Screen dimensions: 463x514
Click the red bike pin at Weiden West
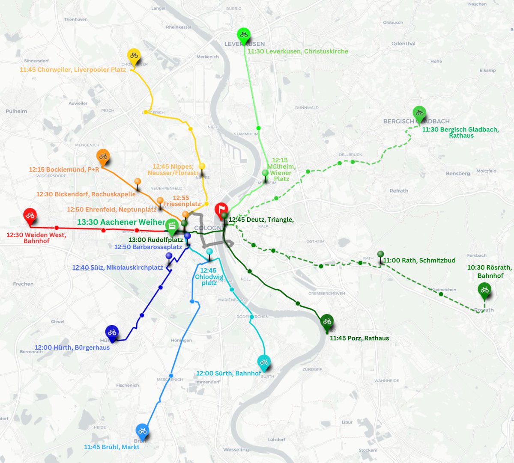pyautogui.click(x=29, y=216)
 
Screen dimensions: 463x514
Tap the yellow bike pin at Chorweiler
pyautogui.click(x=134, y=56)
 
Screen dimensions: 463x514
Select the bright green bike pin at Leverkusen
pyautogui.click(x=244, y=35)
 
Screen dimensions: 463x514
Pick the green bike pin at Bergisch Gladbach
pyautogui.click(x=419, y=113)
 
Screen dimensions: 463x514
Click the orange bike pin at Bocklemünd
pyautogui.click(x=103, y=156)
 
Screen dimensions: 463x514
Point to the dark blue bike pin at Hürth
pyautogui.click(x=112, y=332)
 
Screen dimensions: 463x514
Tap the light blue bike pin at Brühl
pyautogui.click(x=142, y=431)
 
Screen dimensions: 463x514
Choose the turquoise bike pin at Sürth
pyautogui.click(x=264, y=362)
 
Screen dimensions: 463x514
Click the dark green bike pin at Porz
pyautogui.click(x=327, y=321)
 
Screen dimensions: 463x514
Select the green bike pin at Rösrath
pyautogui.click(x=484, y=290)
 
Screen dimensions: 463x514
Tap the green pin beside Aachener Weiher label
pyautogui.click(x=172, y=226)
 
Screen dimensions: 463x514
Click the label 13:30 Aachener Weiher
pyautogui.click(x=121, y=222)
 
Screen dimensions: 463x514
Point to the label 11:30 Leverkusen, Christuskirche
pyautogui.click(x=298, y=51)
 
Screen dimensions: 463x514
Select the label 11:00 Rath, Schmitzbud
pyautogui.click(x=419, y=260)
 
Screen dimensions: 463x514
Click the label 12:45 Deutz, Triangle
pyautogui.click(x=261, y=220)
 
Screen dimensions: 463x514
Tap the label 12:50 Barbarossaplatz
pyautogui.click(x=148, y=247)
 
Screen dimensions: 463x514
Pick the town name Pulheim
pyautogui.click(x=16, y=111)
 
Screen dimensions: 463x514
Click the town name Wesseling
pyautogui.click(x=236, y=450)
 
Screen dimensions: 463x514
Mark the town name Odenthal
pyautogui.click(x=403, y=44)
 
